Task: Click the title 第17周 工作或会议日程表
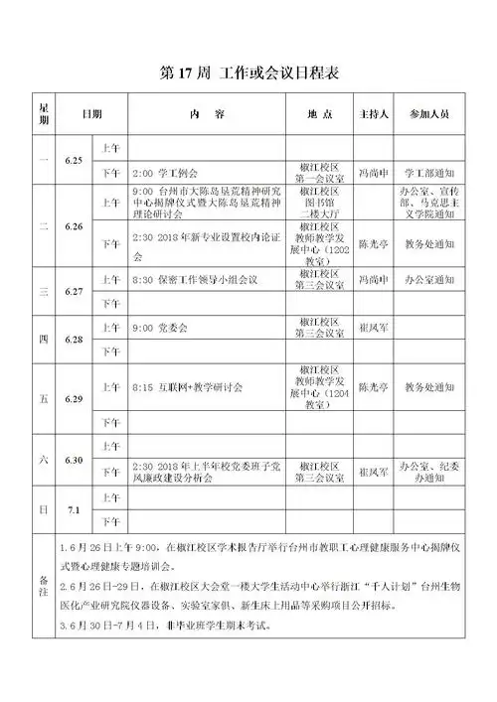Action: click(x=248, y=74)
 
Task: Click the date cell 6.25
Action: click(x=73, y=159)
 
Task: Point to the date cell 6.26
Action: click(x=73, y=225)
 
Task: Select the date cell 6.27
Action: click(x=73, y=293)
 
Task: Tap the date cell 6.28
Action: click(x=73, y=339)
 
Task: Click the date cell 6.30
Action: click(x=73, y=459)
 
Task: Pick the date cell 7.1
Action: click(x=73, y=509)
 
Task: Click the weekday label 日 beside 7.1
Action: click(x=43, y=509)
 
